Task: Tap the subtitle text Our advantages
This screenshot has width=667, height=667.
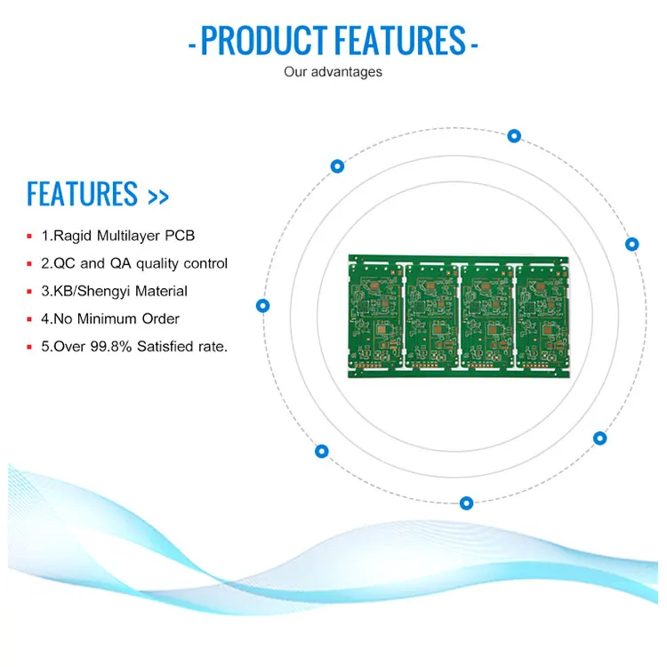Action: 333,71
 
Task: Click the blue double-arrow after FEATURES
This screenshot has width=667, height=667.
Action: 157,197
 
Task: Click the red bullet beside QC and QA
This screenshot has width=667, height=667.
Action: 29,264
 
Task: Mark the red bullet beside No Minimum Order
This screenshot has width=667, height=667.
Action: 29,319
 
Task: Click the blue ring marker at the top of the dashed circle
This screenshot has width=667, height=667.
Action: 514,136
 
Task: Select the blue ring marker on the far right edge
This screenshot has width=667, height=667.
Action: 632,244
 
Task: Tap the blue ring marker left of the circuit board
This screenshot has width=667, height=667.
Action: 262,305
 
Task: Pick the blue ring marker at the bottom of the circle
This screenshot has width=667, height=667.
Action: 466,503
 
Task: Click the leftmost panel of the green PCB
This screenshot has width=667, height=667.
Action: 377,316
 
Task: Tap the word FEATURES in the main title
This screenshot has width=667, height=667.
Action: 400,41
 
